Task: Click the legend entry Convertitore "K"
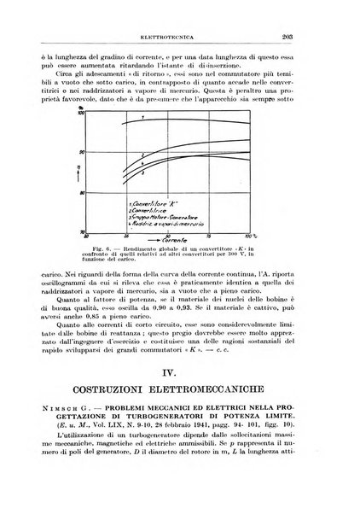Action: click(x=154, y=205)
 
